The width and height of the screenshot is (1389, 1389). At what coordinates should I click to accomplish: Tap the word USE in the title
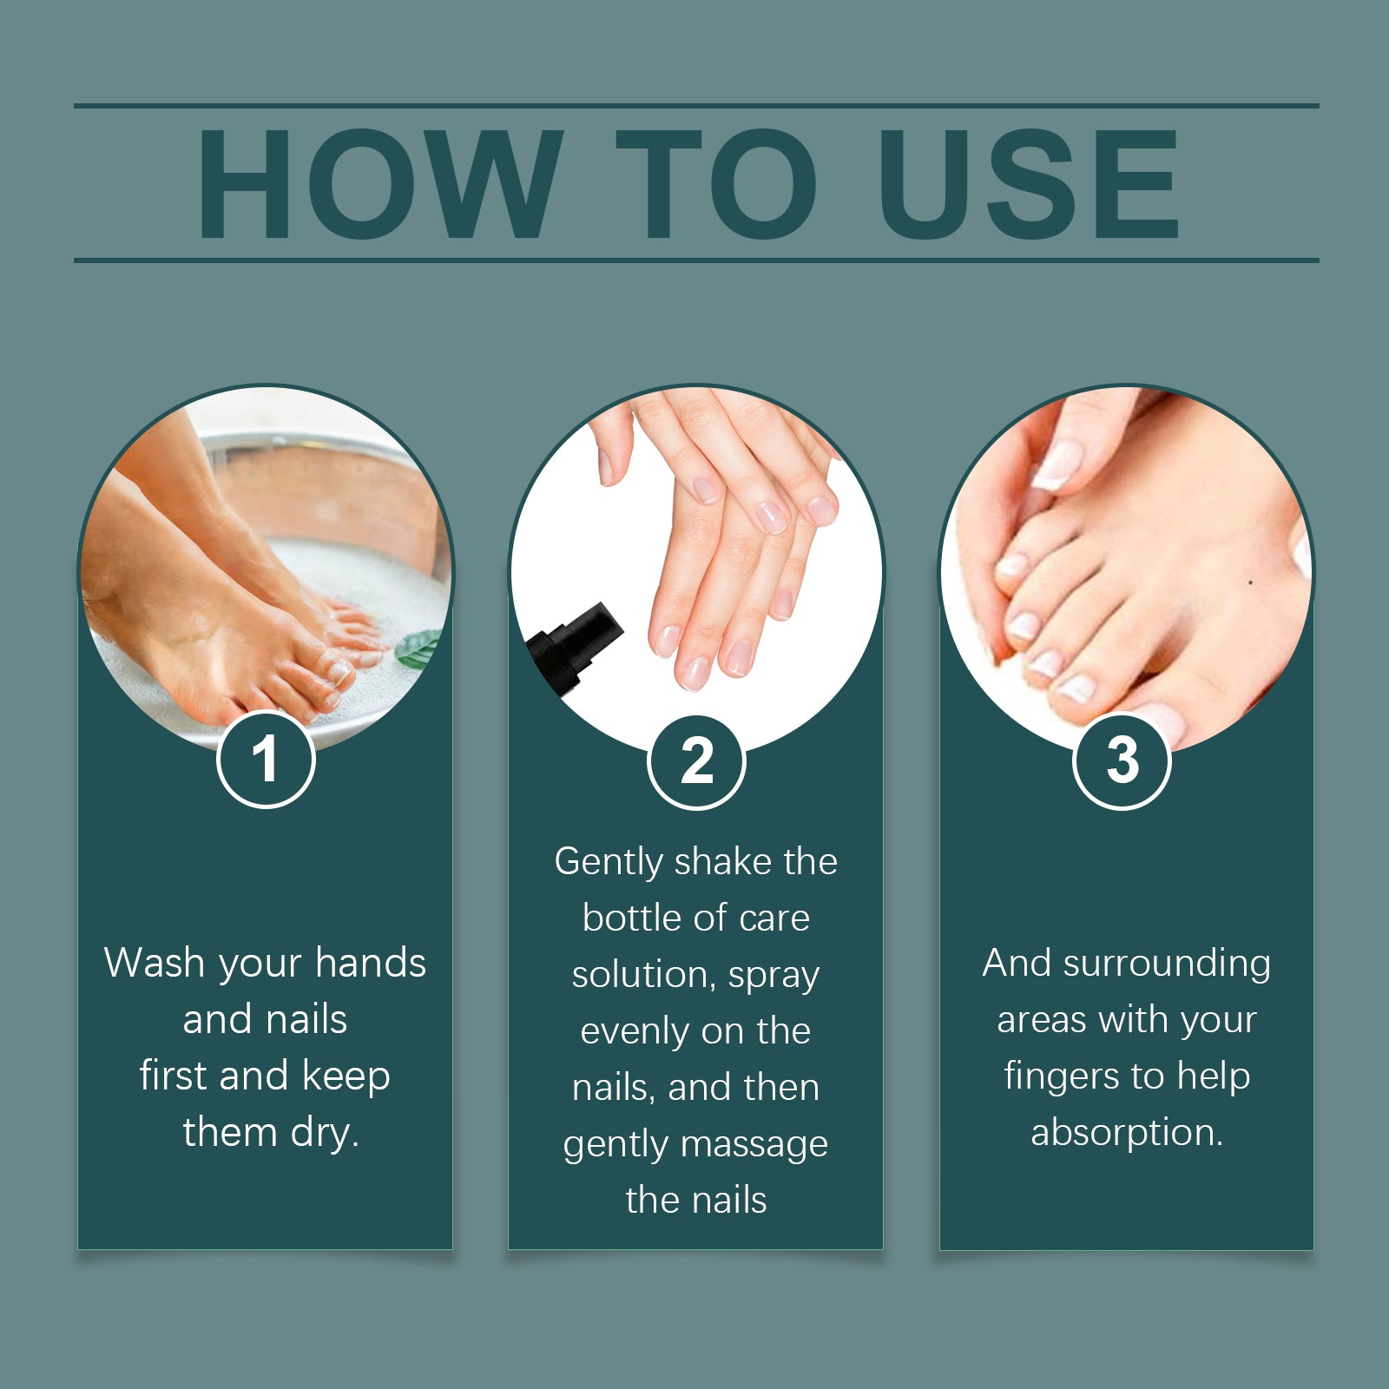(x=1029, y=184)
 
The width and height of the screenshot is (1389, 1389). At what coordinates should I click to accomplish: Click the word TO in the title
(x=716, y=184)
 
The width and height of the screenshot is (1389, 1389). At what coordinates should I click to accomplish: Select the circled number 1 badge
(x=266, y=760)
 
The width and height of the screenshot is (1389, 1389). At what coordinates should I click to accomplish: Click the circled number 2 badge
(x=696, y=762)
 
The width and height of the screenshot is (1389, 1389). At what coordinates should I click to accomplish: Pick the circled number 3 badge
(x=1122, y=760)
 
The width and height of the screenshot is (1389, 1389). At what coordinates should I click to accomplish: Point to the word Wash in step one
(x=154, y=963)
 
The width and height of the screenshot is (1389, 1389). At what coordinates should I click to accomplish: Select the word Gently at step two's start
(x=609, y=862)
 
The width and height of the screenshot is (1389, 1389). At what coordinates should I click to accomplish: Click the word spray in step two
(x=773, y=976)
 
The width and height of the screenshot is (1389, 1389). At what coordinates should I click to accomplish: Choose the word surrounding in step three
(x=1166, y=964)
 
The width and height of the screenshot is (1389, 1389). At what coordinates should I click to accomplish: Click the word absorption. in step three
(x=1126, y=1132)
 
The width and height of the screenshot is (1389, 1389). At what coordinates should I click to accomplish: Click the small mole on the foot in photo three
(x=1250, y=583)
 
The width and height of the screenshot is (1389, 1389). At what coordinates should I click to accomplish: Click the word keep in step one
(x=346, y=1076)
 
